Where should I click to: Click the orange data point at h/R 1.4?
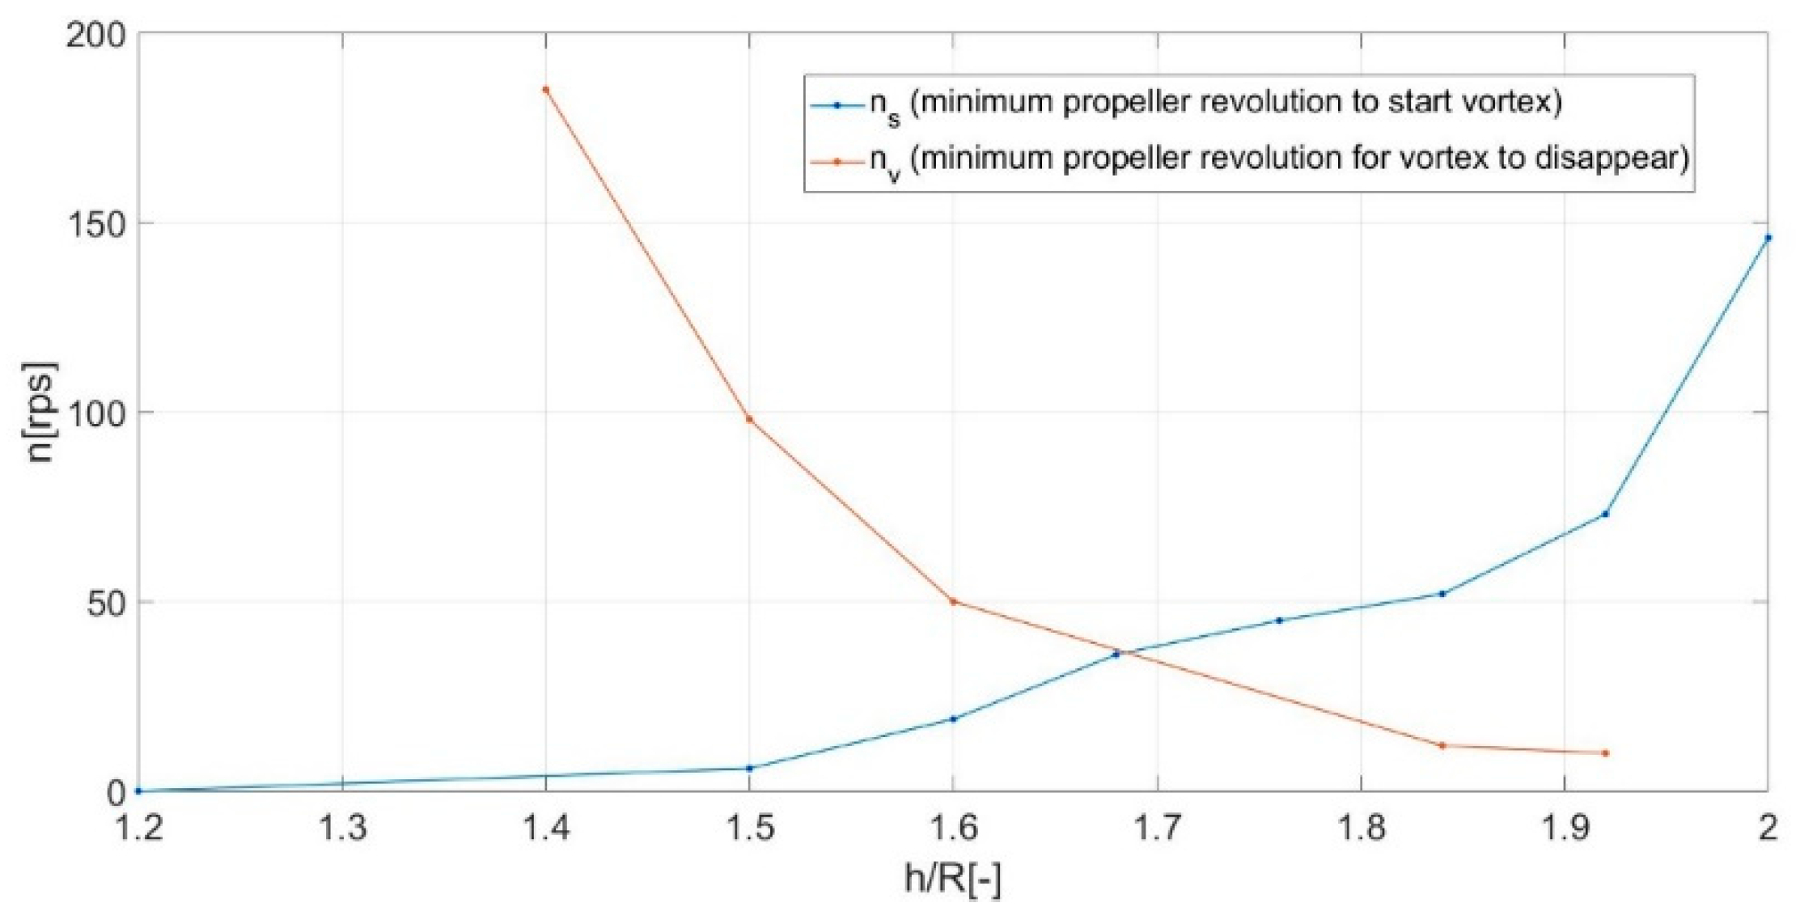click(546, 90)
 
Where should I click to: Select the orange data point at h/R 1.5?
click(749, 419)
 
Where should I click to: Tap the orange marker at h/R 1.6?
click(953, 601)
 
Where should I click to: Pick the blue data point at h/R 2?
click(1768, 238)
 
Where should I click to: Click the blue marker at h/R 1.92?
click(1605, 514)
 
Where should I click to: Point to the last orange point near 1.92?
click(1605, 753)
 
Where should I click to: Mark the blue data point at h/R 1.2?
click(138, 790)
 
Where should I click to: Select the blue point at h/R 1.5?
click(749, 768)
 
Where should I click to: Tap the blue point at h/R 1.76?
click(1279, 621)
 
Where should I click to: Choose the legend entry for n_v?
click(1278, 159)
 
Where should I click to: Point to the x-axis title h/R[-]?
click(952, 879)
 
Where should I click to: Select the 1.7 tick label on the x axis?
click(1157, 828)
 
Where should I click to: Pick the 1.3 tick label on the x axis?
click(342, 828)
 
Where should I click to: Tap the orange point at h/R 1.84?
click(1442, 745)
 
